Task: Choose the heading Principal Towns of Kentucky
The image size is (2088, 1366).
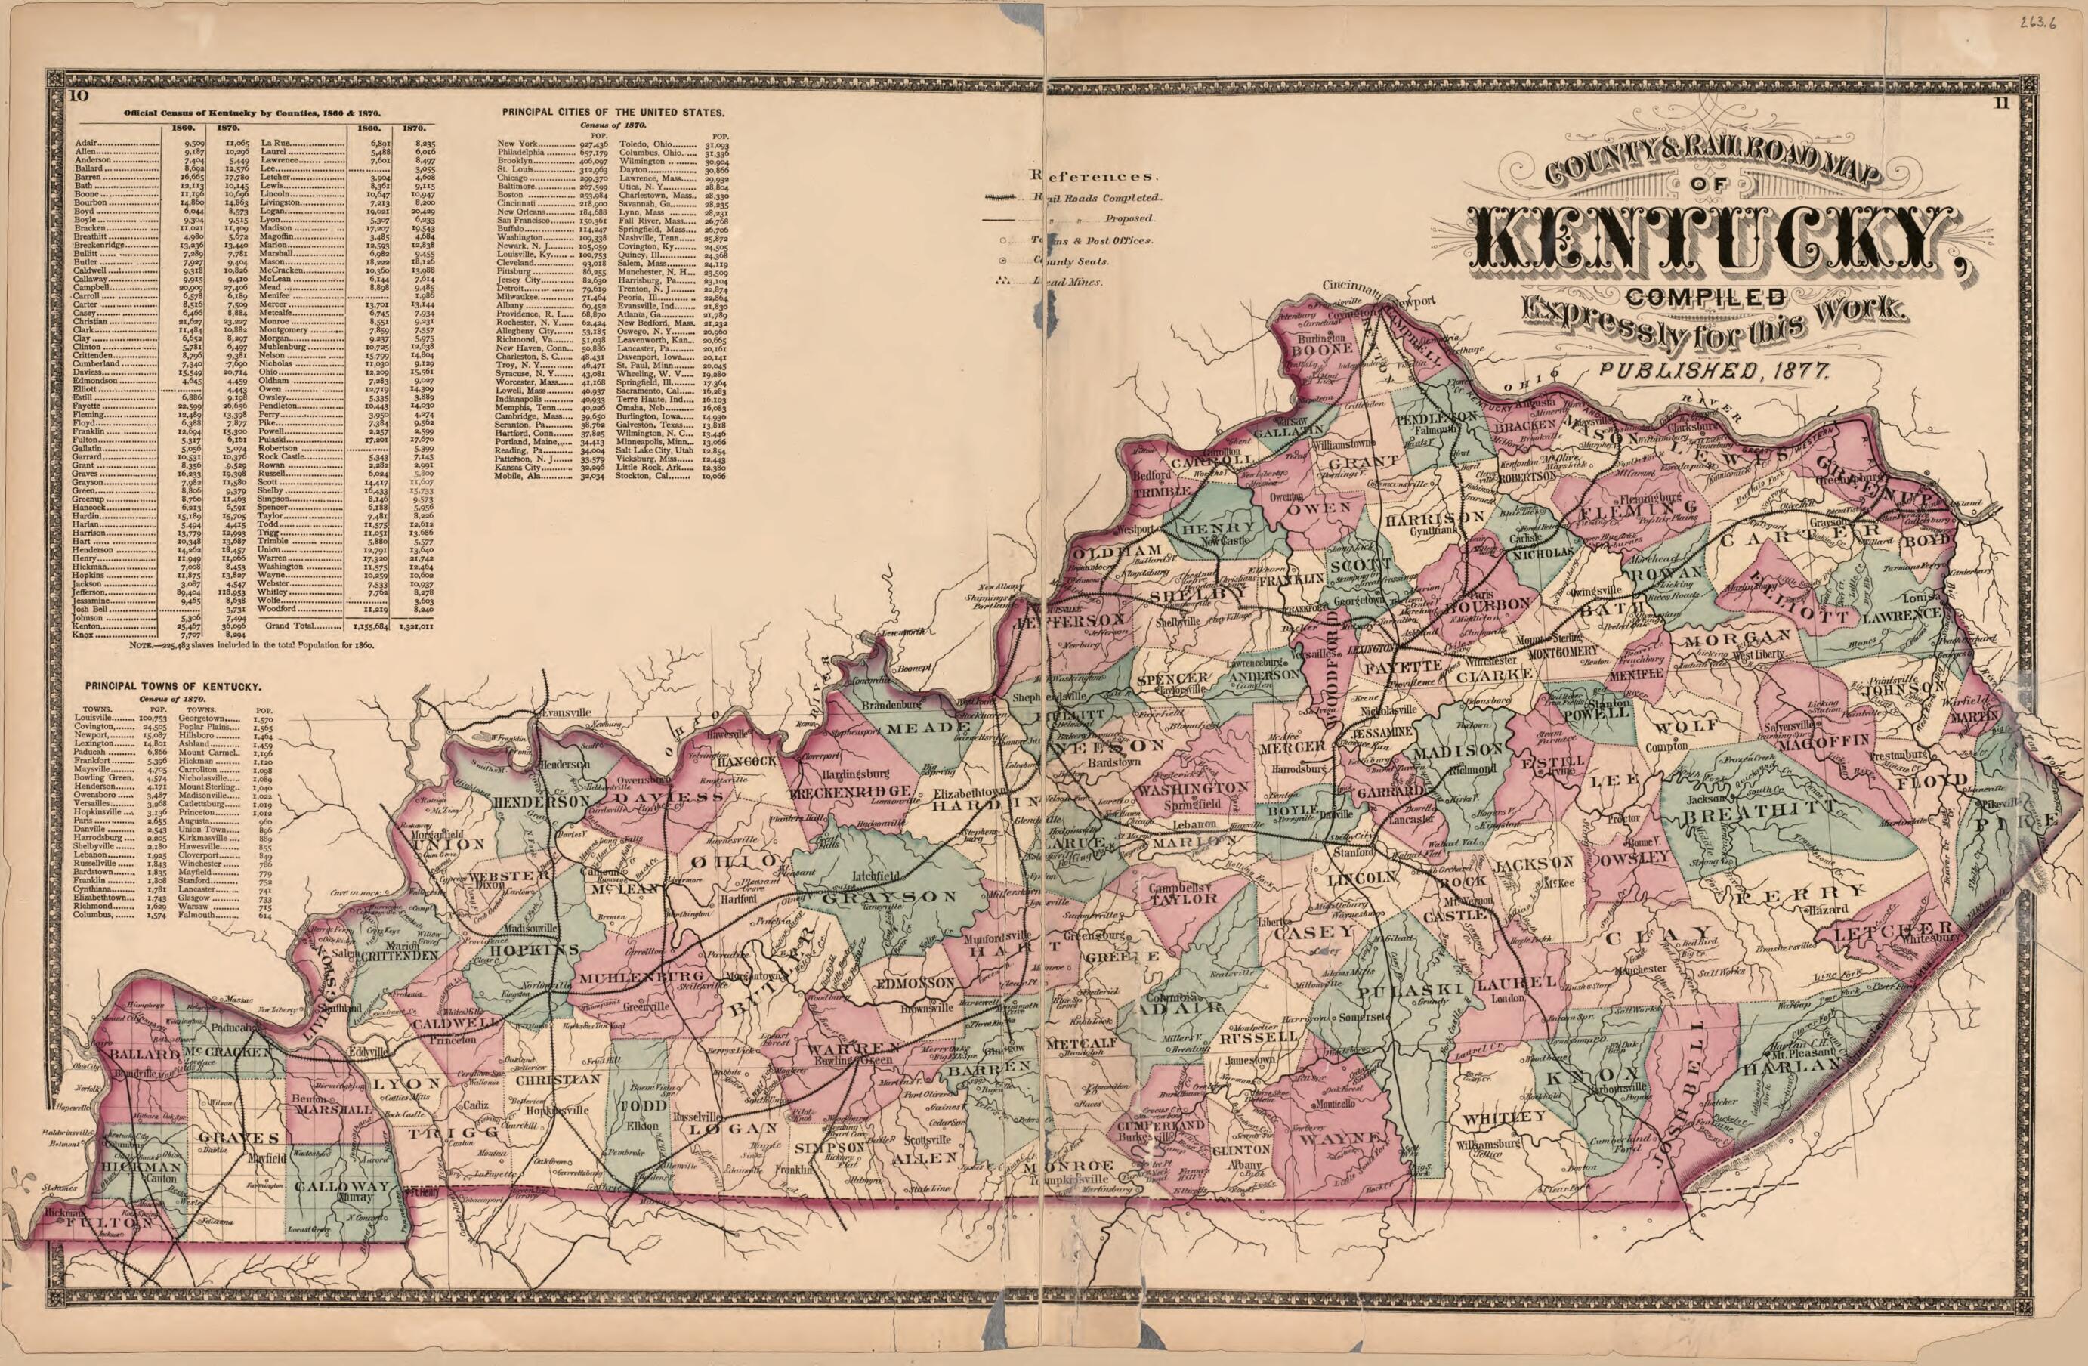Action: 171,686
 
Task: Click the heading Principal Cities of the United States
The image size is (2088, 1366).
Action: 613,113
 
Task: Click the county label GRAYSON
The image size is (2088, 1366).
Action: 895,897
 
